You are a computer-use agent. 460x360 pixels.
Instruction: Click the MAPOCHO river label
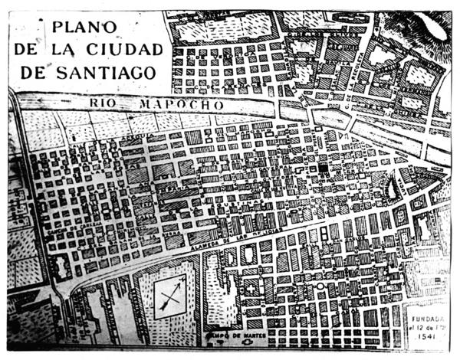pyautogui.click(x=174, y=103)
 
